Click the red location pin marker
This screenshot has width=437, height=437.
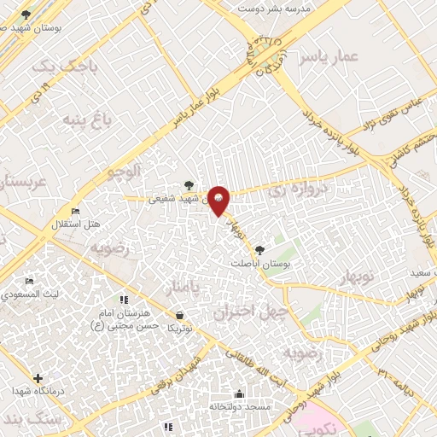(x=219, y=201)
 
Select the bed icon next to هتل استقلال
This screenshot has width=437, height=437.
(x=75, y=212)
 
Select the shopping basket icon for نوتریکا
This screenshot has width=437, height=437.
(x=178, y=316)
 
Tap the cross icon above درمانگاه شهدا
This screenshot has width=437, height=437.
(x=38, y=377)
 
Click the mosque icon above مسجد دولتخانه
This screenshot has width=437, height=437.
(x=238, y=394)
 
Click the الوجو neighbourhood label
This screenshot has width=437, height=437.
(x=120, y=173)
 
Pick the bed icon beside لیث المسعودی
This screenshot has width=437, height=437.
(x=29, y=282)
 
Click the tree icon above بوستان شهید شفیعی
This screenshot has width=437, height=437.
(x=189, y=184)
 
